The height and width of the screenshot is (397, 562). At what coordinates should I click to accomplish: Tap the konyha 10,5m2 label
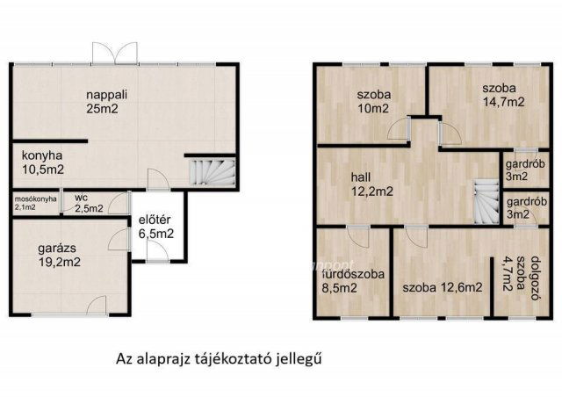[x=42, y=162]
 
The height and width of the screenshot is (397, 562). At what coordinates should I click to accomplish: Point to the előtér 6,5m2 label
[x=156, y=227]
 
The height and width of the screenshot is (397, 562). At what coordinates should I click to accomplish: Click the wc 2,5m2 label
[x=88, y=204]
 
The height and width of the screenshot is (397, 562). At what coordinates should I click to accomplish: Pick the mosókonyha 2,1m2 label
[x=35, y=204]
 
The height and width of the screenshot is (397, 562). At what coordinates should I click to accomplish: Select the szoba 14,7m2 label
[x=503, y=95]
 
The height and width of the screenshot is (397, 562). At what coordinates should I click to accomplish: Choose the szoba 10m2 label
[x=372, y=102]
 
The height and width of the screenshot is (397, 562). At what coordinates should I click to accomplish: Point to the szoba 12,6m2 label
[x=443, y=287]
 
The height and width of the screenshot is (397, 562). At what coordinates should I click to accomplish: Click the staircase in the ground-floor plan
[x=212, y=170]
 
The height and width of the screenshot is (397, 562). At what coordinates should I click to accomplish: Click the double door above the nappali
[x=115, y=51]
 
